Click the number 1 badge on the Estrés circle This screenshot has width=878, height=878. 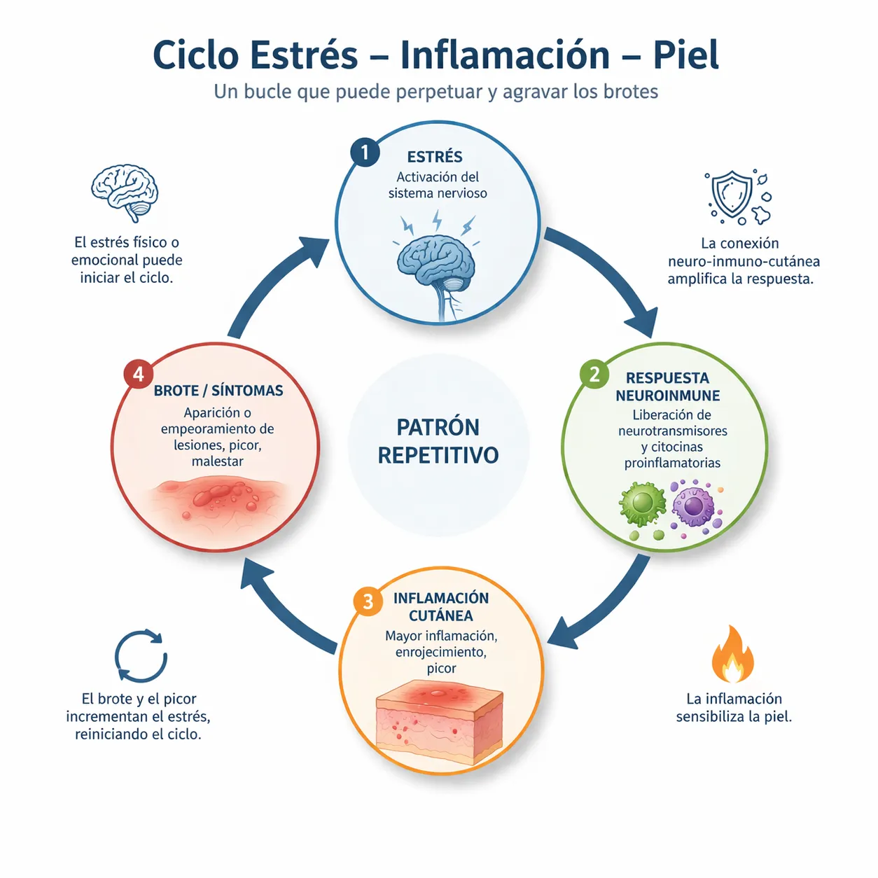coord(365,152)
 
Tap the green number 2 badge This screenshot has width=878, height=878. coord(594,375)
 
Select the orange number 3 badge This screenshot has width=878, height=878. coord(368,601)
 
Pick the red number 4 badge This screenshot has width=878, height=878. coord(138,375)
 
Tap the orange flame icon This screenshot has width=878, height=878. coord(732,655)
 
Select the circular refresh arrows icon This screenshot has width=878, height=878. coord(141,656)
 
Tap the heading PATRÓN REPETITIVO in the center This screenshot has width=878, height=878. coord(438,441)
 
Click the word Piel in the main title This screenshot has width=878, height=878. coord(685,55)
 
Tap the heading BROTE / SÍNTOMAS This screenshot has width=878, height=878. coord(218,391)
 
